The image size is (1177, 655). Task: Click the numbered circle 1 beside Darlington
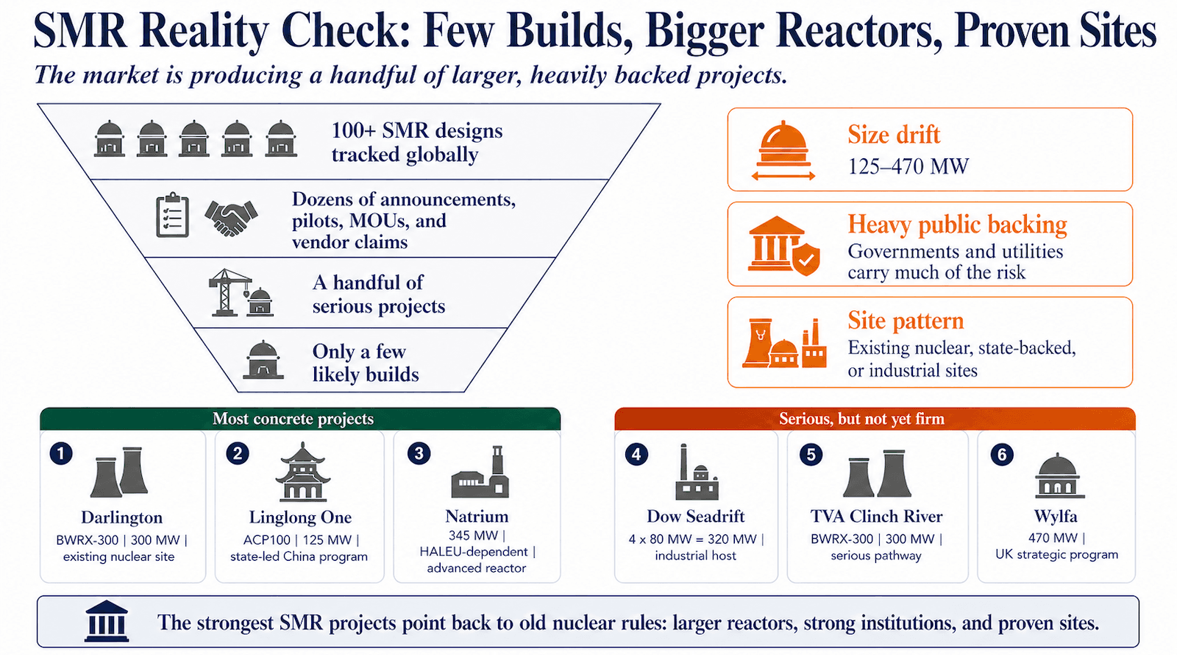tap(61, 453)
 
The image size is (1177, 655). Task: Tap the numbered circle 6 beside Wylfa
tap(1001, 455)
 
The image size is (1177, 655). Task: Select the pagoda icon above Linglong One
tap(302, 472)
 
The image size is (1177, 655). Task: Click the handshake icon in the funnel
tap(231, 218)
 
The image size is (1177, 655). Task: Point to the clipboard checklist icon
tap(173, 216)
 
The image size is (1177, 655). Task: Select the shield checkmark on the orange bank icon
tap(806, 259)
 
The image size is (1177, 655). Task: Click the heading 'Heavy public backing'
tap(957, 224)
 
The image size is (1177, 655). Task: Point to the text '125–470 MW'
tap(908, 167)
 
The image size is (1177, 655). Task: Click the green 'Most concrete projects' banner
tap(300, 419)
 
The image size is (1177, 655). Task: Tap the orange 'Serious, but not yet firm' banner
tap(875, 419)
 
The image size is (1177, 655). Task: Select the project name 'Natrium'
tap(477, 516)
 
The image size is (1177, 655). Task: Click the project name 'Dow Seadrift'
tap(695, 516)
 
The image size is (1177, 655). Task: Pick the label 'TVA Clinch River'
tap(876, 516)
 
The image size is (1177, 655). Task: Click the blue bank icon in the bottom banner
tap(107, 622)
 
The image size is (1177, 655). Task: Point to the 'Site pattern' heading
tap(906, 321)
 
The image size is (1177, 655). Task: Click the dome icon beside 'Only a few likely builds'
tap(263, 360)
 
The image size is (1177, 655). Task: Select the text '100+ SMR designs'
tap(416, 131)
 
